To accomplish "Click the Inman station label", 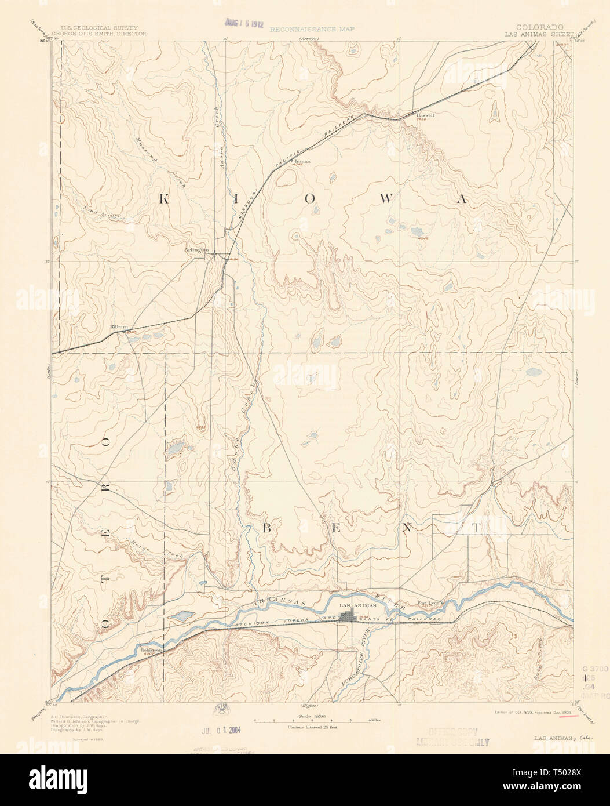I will pyautogui.click(x=303, y=161).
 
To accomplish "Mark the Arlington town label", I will pyautogui.click(x=195, y=249).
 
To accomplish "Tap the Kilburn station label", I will pyautogui.click(x=118, y=327).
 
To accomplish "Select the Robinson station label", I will pyautogui.click(x=151, y=650).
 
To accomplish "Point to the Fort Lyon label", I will pyautogui.click(x=429, y=603).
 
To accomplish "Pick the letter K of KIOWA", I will pyautogui.click(x=163, y=199).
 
